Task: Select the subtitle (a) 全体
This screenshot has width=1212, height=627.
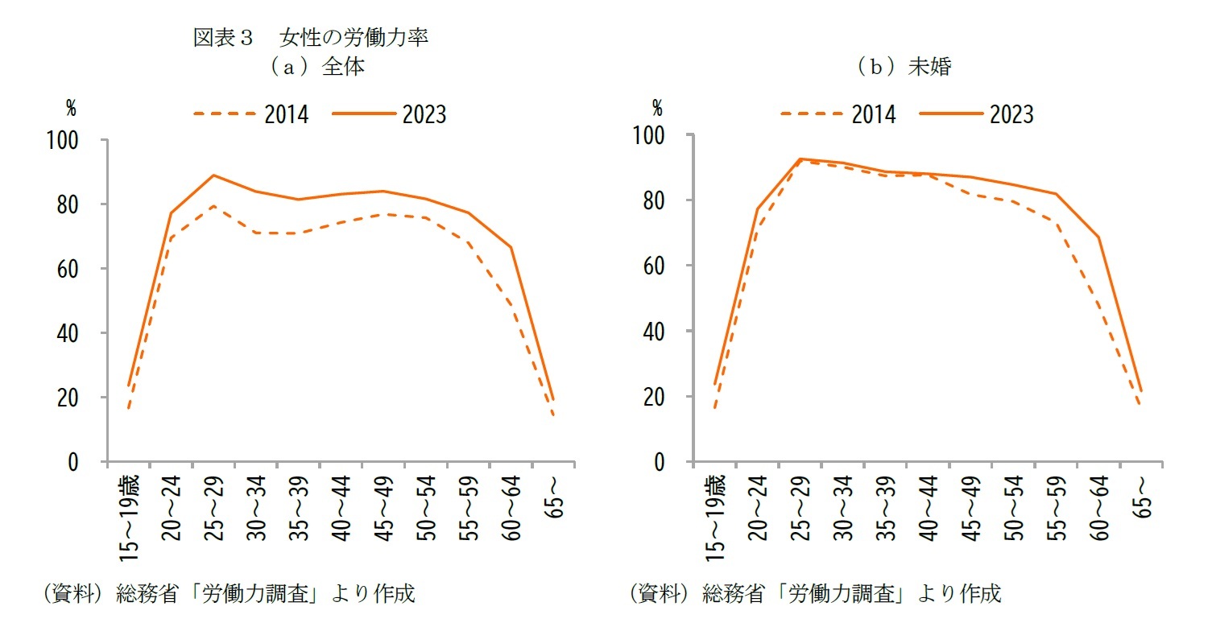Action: [x=317, y=67]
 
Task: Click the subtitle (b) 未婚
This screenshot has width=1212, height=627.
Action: [x=904, y=67]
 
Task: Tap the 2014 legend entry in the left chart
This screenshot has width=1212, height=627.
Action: [x=251, y=114]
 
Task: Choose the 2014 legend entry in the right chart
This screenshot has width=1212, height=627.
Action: [x=838, y=114]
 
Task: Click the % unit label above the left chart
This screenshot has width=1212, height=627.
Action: [x=71, y=109]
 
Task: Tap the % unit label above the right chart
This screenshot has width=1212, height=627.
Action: [x=658, y=109]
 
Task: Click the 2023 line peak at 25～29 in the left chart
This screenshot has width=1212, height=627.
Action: [x=213, y=175]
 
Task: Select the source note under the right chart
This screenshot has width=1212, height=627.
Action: [x=814, y=595]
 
